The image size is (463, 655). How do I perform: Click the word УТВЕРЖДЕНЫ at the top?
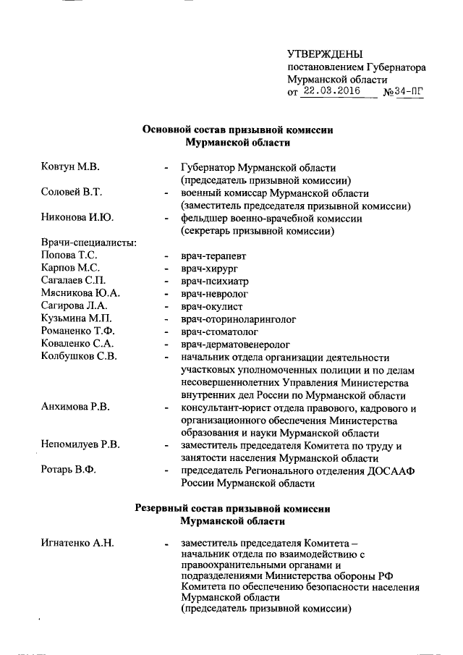click(x=325, y=54)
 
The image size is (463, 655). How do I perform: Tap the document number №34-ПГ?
click(x=403, y=93)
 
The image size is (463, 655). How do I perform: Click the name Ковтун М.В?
click(x=70, y=168)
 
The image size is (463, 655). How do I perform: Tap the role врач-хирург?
click(x=210, y=269)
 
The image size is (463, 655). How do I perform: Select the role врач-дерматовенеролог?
click(x=236, y=344)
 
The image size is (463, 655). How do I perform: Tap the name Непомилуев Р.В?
click(x=80, y=445)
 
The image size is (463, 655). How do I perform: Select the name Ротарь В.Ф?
click(x=69, y=470)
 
